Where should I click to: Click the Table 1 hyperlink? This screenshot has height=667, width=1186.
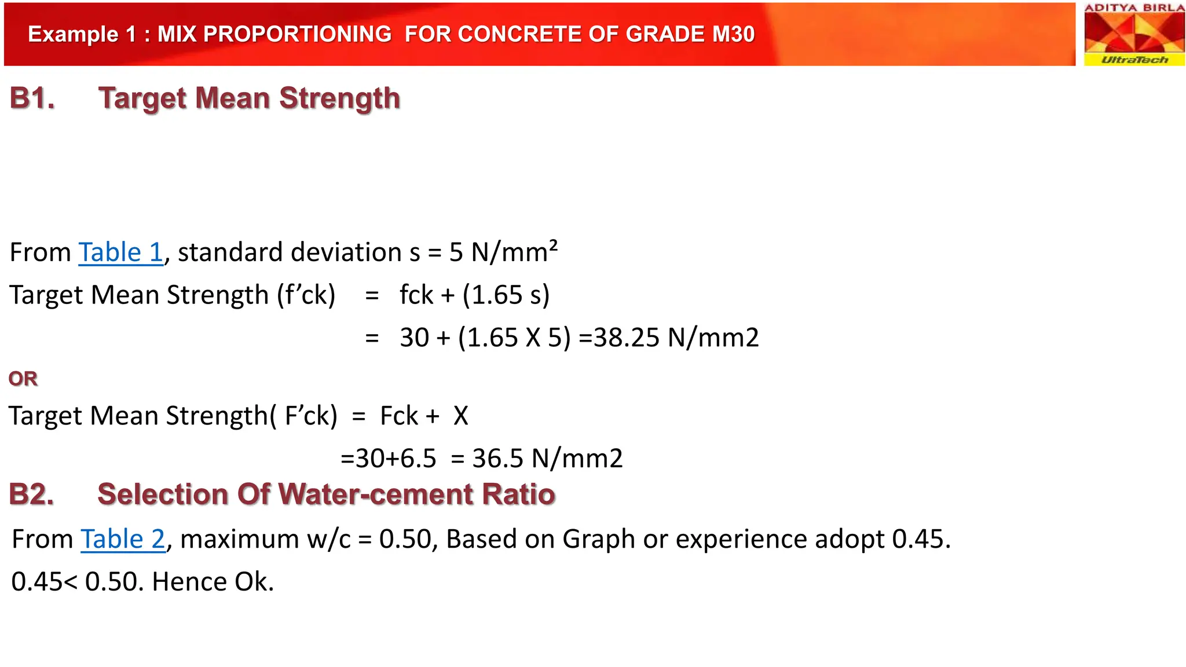(120, 252)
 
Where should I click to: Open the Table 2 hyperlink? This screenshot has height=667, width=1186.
(123, 539)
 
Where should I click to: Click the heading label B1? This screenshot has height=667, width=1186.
(32, 98)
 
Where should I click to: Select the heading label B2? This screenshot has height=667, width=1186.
(32, 494)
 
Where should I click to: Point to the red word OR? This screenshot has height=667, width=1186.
(23, 379)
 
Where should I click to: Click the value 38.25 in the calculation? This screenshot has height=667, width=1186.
(627, 338)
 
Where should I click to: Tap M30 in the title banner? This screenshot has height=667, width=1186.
(733, 34)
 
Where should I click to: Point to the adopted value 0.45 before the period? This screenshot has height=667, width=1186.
(917, 539)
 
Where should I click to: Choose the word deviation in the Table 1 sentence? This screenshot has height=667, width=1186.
(347, 252)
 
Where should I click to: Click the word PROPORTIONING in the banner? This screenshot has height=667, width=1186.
(274, 34)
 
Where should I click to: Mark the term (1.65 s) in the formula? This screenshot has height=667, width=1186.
(506, 295)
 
